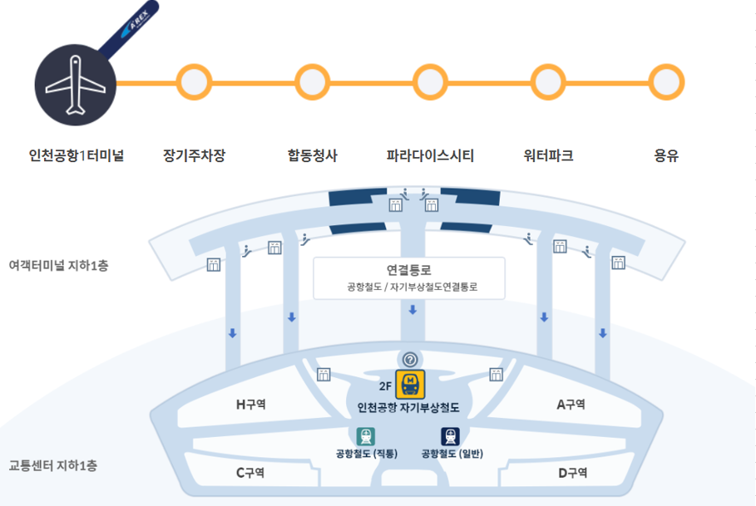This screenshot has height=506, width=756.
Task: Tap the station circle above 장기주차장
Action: click(195, 82)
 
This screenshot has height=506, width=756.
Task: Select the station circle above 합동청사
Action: click(313, 82)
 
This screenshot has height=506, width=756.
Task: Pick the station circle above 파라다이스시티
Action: click(430, 82)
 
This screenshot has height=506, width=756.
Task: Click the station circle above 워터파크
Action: click(548, 82)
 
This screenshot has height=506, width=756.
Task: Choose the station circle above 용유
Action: click(666, 82)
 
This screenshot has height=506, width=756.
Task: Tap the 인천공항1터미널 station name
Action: click(76, 155)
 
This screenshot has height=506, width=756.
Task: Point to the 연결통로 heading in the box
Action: click(409, 270)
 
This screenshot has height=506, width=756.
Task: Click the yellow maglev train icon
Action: click(409, 385)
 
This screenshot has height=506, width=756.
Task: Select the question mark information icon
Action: click(410, 359)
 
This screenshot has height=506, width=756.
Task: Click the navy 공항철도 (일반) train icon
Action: click(451, 437)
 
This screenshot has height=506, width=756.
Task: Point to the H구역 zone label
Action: click(250, 405)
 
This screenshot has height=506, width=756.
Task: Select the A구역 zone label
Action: click(571, 405)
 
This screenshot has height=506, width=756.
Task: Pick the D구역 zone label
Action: click(572, 473)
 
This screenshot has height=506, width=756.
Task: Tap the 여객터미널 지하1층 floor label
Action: click(58, 266)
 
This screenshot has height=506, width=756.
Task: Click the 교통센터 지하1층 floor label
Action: click(53, 465)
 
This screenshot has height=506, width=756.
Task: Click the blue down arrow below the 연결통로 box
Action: click(412, 310)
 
